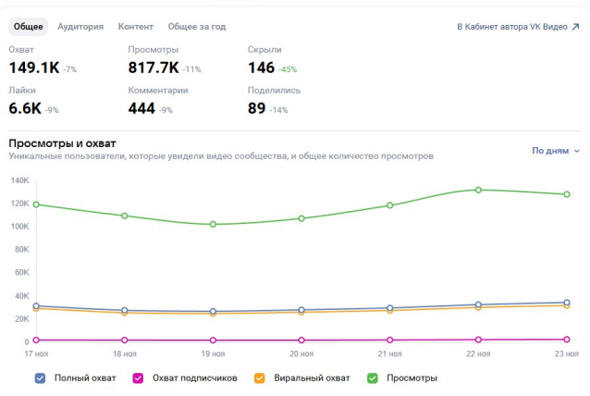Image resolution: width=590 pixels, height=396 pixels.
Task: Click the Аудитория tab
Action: click(80, 27)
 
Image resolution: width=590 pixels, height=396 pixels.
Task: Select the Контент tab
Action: click(136, 27)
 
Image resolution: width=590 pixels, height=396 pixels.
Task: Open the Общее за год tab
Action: click(197, 27)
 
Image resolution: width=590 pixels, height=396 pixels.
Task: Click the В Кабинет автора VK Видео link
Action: click(518, 27)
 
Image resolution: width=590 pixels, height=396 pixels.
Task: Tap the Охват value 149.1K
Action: click(34, 68)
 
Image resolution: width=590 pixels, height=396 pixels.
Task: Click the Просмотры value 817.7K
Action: click(154, 68)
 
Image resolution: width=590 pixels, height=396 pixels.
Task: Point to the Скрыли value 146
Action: click(262, 68)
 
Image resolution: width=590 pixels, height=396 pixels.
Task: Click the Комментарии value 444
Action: click(141, 108)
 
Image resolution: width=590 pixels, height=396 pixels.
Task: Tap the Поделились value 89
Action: click(257, 108)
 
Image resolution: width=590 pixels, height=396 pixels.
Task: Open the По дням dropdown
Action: click(556, 150)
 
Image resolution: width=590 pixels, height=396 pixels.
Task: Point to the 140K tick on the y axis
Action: click(20, 179)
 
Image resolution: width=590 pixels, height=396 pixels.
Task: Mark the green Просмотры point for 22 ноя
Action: click(478, 190)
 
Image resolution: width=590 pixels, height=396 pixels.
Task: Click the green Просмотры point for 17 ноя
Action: click(36, 204)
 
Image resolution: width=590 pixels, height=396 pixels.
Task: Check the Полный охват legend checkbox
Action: click(40, 377)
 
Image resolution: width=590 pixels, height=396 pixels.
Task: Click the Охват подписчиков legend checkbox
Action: click(138, 377)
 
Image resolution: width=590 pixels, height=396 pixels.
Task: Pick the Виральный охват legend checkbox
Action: click(260, 377)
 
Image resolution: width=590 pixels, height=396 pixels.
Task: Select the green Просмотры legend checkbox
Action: click(373, 377)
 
